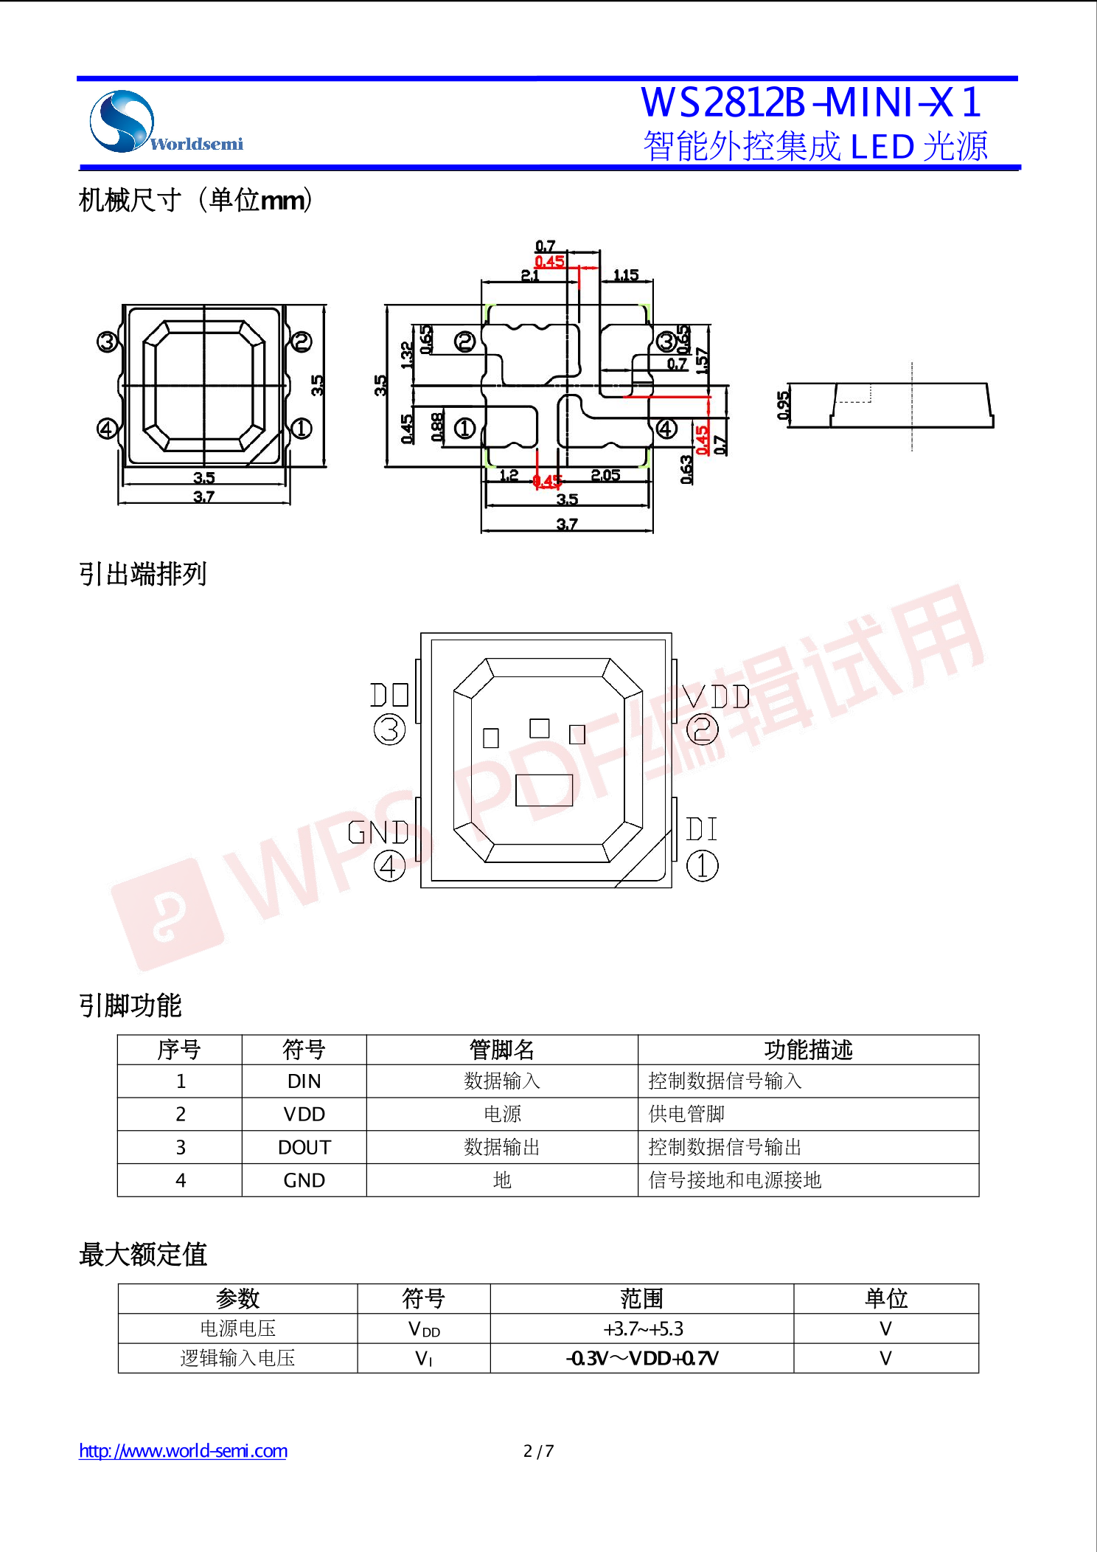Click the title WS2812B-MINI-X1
click(x=810, y=103)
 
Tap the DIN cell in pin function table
click(x=304, y=1081)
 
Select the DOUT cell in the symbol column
click(x=304, y=1148)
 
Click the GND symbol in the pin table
click(x=304, y=1181)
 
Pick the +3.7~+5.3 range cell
click(x=642, y=1329)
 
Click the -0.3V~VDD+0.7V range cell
click(x=642, y=1359)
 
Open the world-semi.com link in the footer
click(x=183, y=1451)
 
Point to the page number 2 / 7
click(x=538, y=1452)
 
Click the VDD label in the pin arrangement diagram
click(x=716, y=697)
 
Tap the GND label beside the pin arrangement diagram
click(x=378, y=833)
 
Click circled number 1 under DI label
click(x=702, y=866)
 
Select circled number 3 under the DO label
click(x=389, y=730)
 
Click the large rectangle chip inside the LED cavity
click(x=544, y=790)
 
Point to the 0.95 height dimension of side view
click(x=783, y=406)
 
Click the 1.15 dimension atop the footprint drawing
click(x=626, y=275)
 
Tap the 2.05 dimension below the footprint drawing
click(x=605, y=476)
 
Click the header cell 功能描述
click(x=808, y=1050)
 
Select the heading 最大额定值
click(x=143, y=1255)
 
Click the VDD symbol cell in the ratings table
click(x=424, y=1329)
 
